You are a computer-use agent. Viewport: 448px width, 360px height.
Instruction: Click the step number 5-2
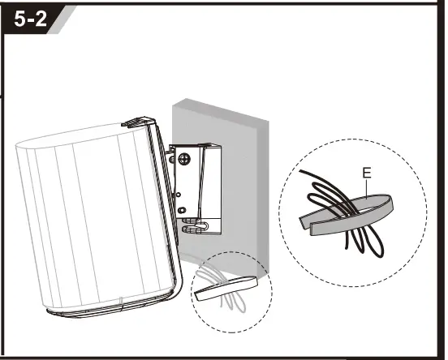pyautogui.click(x=30, y=19)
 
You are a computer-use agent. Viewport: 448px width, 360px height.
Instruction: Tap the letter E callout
pyautogui.click(x=367, y=173)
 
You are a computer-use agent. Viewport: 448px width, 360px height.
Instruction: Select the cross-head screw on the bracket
pyautogui.click(x=184, y=159)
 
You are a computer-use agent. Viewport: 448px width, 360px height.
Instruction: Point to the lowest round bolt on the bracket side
pyautogui.click(x=181, y=210)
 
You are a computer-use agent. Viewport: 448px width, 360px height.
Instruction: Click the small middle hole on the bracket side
pyautogui.click(x=179, y=195)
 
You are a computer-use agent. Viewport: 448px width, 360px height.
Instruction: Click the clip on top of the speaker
pyautogui.click(x=137, y=122)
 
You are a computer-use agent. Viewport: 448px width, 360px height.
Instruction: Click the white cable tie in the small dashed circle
pyautogui.click(x=226, y=289)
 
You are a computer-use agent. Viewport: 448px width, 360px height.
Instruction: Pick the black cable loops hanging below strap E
pyautogui.click(x=364, y=240)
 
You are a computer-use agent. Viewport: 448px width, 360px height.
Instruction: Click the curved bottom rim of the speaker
pyautogui.click(x=114, y=307)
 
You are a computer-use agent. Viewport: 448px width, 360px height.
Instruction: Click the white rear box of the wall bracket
pyautogui.click(x=211, y=182)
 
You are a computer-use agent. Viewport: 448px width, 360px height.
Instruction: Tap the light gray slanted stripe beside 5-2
pyautogui.click(x=62, y=19)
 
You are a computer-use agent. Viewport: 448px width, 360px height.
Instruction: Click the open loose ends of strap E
pyautogui.click(x=306, y=225)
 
